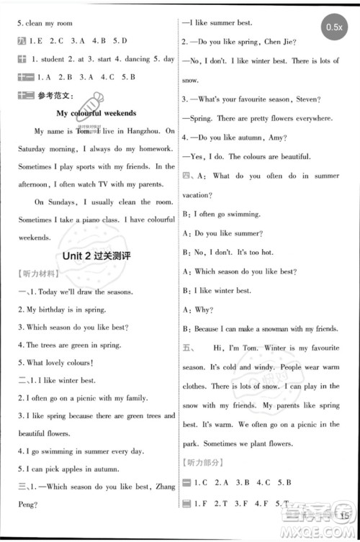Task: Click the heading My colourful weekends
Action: click(x=96, y=113)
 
